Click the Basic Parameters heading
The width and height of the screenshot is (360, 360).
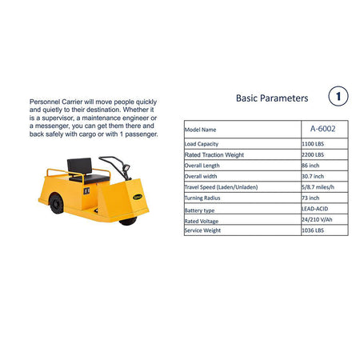[272, 98]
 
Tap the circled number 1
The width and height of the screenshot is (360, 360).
[338, 96]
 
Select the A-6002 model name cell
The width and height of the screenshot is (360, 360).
[322, 129]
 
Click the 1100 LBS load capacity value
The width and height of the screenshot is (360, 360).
[313, 144]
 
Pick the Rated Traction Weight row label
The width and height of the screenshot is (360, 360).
[214, 154]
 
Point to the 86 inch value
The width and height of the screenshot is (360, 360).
[310, 166]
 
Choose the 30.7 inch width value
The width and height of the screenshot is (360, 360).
[313, 176]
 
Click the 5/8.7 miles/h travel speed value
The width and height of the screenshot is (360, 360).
[318, 187]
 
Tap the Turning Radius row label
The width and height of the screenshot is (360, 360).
[202, 198]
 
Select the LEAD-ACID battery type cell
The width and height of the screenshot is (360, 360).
[314, 209]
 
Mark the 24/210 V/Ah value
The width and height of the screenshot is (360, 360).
[317, 219]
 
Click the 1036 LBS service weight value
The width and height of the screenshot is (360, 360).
[313, 230]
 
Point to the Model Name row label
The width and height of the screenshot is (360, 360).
[200, 130]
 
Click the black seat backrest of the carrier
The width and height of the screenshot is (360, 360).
[80, 166]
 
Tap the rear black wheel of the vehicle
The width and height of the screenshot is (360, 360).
[56, 204]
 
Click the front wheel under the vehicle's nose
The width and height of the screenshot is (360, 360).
[128, 221]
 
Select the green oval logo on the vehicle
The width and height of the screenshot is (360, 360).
[138, 197]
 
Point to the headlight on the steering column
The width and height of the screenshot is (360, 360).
[126, 167]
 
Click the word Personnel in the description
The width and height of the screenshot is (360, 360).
[45, 102]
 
